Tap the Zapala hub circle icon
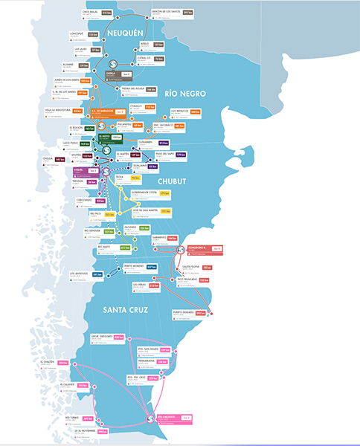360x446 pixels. tap(112, 63)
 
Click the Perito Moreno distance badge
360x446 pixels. tap(151, 266)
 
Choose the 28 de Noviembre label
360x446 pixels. tap(85, 431)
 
